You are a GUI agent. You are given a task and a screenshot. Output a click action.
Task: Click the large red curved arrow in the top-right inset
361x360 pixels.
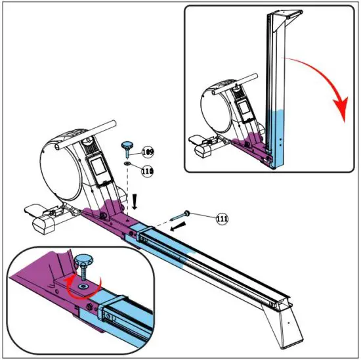pos(328,85)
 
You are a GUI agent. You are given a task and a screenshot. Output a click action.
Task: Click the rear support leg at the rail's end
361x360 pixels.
pos(283,322)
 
